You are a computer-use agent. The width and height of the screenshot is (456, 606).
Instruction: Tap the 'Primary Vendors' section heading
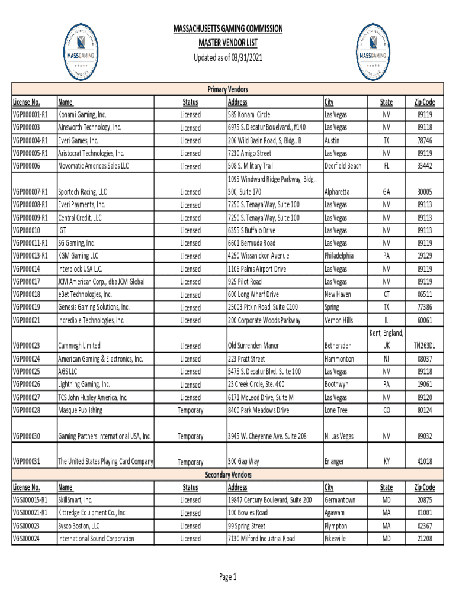point(227,89)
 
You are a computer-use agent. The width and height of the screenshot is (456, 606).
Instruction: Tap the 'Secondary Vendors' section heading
point(227,475)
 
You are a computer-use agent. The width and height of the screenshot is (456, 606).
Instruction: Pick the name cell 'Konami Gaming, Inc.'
point(82,115)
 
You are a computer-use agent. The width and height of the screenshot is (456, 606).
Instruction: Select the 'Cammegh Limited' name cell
point(79,346)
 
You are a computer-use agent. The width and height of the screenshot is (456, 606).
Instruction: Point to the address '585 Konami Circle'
point(249,115)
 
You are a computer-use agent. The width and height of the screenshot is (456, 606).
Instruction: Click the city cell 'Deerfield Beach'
point(343,166)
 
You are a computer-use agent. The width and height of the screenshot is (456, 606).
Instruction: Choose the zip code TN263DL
point(424,346)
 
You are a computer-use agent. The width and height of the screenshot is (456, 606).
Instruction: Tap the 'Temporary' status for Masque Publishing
point(190,410)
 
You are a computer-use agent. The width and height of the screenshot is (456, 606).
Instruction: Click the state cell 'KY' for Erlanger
point(386,462)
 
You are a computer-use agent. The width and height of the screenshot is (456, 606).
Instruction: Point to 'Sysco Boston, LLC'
point(79,526)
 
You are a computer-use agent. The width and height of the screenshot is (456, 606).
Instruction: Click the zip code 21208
point(424,539)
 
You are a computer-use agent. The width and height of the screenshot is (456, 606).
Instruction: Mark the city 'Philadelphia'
point(339,256)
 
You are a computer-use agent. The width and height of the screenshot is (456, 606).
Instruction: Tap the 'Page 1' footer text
point(227,578)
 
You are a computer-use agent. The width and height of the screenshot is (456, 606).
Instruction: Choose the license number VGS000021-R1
point(33,513)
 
